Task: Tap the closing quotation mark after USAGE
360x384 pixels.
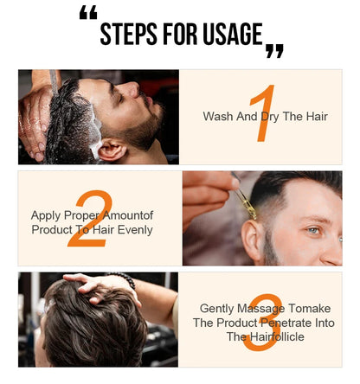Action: pyautogui.click(x=274, y=52)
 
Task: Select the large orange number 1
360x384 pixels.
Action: pyautogui.click(x=263, y=113)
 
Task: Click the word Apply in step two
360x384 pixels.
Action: pyautogui.click(x=46, y=215)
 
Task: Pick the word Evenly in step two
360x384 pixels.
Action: pyautogui.click(x=134, y=229)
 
